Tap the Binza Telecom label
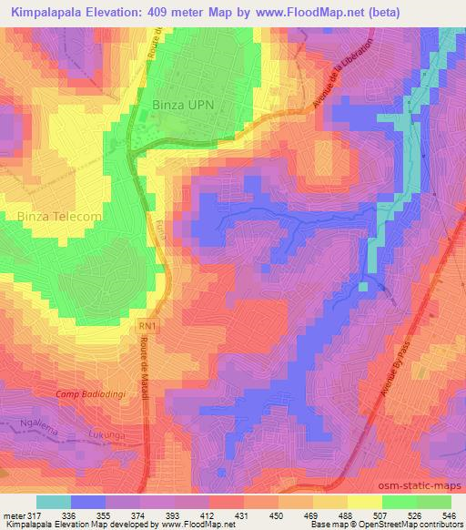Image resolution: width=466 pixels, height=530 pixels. point(59,216)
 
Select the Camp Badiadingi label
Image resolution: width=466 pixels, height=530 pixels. point(90,392)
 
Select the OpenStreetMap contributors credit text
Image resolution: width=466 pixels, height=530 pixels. point(410,525)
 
